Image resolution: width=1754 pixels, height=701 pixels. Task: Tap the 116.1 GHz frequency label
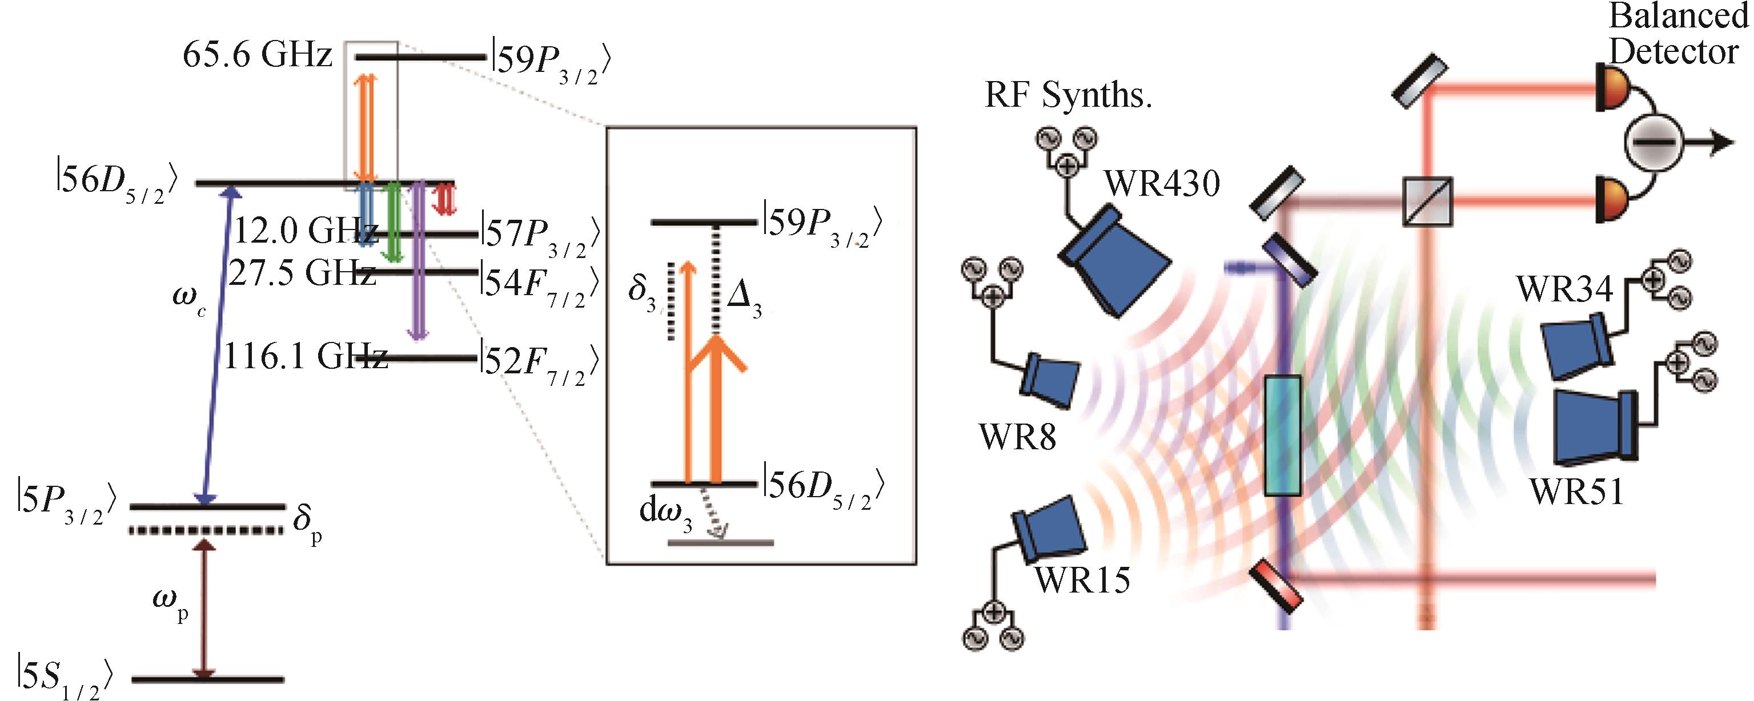[x=305, y=356]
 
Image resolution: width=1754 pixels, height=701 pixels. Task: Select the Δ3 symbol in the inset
[x=744, y=300]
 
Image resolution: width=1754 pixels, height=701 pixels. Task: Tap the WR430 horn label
[x=1162, y=184]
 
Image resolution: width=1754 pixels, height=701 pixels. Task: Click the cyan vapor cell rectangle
[x=1282, y=435]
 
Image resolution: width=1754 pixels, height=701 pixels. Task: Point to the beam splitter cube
[x=1428, y=202]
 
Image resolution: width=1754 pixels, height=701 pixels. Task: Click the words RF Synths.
[x=1067, y=95]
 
